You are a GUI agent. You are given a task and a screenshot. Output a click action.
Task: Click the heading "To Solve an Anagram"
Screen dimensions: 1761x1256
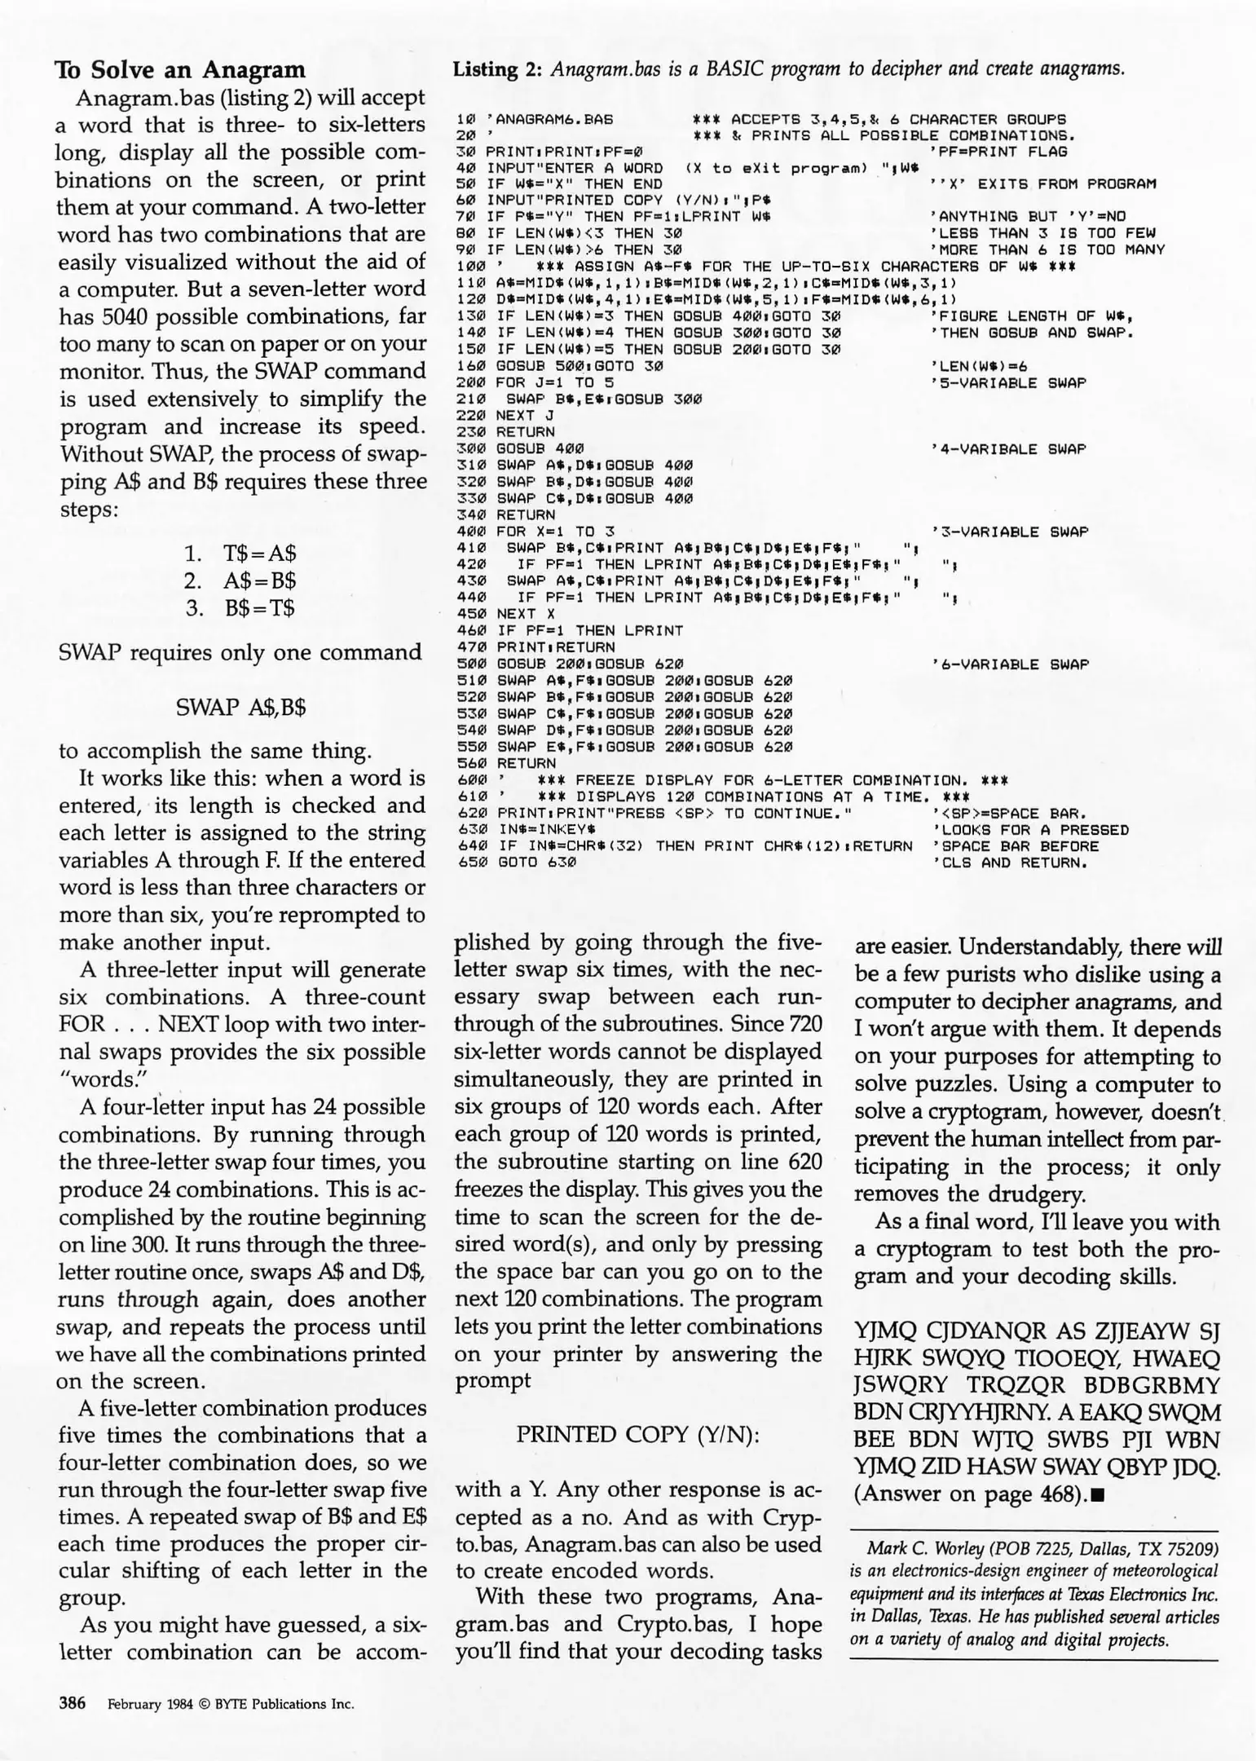point(180,69)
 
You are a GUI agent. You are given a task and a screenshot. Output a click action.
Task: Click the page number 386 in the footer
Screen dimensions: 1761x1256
point(72,1703)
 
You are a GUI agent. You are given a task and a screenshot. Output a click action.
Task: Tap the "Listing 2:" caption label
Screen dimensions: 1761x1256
point(497,68)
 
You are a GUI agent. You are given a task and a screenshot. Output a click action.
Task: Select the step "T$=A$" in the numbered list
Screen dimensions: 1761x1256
point(260,554)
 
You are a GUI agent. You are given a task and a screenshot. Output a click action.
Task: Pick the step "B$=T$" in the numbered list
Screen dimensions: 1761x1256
point(260,608)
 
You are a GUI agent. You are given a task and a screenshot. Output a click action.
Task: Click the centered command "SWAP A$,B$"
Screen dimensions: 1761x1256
point(241,707)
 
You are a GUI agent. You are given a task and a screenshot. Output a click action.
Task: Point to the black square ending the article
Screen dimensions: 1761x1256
point(1096,1495)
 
